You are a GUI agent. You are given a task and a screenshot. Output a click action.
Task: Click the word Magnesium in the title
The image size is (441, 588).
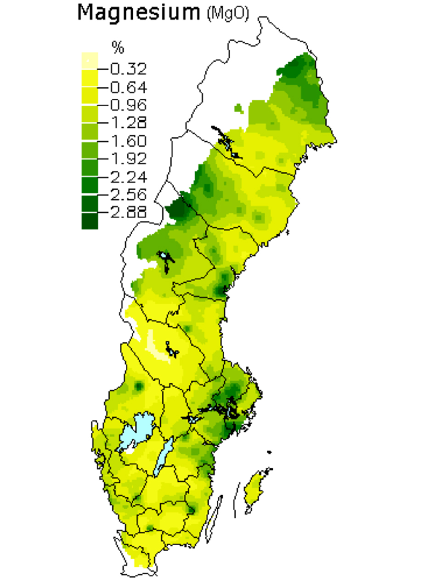coord(139,12)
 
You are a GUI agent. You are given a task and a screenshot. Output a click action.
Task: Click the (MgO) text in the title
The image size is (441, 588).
coord(227,14)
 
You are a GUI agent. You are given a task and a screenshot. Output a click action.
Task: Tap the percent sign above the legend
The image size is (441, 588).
coord(118,47)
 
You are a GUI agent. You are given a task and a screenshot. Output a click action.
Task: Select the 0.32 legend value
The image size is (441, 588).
coord(129,69)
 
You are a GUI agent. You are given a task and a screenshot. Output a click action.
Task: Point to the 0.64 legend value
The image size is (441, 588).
coord(129,87)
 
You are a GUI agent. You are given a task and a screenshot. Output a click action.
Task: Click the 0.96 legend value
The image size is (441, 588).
coord(129,105)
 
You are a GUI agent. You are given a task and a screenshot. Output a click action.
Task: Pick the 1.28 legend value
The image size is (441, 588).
coord(129,123)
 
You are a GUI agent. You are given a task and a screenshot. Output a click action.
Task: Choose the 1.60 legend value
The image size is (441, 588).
coord(129,141)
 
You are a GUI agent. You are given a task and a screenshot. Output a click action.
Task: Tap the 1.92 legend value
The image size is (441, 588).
coord(129,158)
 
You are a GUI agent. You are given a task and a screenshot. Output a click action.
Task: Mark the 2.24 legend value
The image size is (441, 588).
coord(129,177)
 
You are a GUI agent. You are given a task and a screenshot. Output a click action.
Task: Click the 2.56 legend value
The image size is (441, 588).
coord(129,194)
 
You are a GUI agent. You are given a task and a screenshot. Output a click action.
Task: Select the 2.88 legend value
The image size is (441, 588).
coord(129,212)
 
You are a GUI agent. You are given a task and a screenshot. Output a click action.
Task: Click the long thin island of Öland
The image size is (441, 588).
coord(214,519)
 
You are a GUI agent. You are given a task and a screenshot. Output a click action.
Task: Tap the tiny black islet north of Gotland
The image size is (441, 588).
coord(269,452)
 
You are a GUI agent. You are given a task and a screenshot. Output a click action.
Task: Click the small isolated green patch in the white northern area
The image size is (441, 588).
coord(238,108)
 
